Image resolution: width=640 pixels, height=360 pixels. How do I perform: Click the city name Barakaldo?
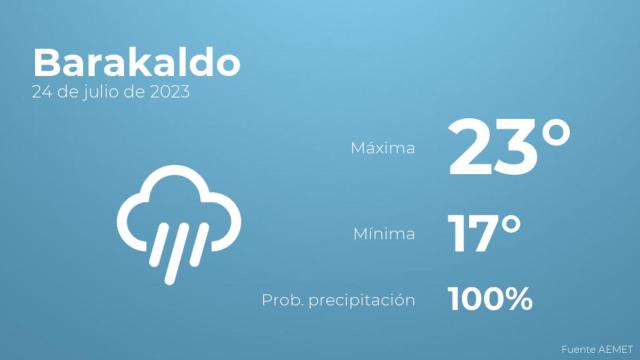tap(136, 63)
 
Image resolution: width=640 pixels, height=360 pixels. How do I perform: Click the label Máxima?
tap(382, 149)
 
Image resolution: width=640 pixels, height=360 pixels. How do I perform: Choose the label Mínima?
tap(384, 235)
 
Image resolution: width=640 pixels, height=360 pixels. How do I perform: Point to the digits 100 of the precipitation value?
tap(478, 298)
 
